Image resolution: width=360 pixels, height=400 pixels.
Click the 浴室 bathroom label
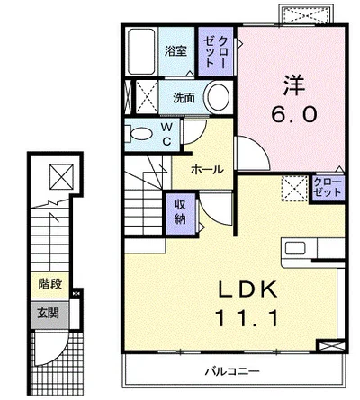(x=175, y=51)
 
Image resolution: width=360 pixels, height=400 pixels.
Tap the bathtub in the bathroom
(x=141, y=51)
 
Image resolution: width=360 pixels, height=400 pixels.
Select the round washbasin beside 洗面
(x=219, y=96)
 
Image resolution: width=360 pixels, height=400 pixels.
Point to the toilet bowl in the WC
(x=141, y=134)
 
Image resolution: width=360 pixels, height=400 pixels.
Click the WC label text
(x=166, y=134)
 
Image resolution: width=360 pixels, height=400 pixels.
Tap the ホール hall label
(x=207, y=170)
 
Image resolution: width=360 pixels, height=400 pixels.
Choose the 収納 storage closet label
(x=180, y=212)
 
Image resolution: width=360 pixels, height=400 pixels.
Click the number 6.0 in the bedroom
(x=293, y=114)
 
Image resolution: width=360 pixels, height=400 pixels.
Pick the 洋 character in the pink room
(x=294, y=85)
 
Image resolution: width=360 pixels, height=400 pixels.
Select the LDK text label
(x=247, y=290)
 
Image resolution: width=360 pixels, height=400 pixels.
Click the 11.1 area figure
(x=247, y=318)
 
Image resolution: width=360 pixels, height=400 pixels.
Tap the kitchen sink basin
(x=295, y=248)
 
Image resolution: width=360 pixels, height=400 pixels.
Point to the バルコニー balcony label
(x=232, y=372)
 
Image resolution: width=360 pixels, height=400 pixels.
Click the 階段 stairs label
(x=49, y=284)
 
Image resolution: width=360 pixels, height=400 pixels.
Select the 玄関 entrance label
(x=48, y=314)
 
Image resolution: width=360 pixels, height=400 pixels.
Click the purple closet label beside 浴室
(x=216, y=51)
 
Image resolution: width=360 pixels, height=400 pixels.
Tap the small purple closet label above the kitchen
(x=328, y=187)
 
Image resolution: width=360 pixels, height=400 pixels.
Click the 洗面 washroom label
(x=184, y=98)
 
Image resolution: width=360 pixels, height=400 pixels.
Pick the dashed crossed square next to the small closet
(x=294, y=188)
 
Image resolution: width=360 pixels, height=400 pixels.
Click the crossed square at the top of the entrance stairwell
(x=61, y=177)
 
